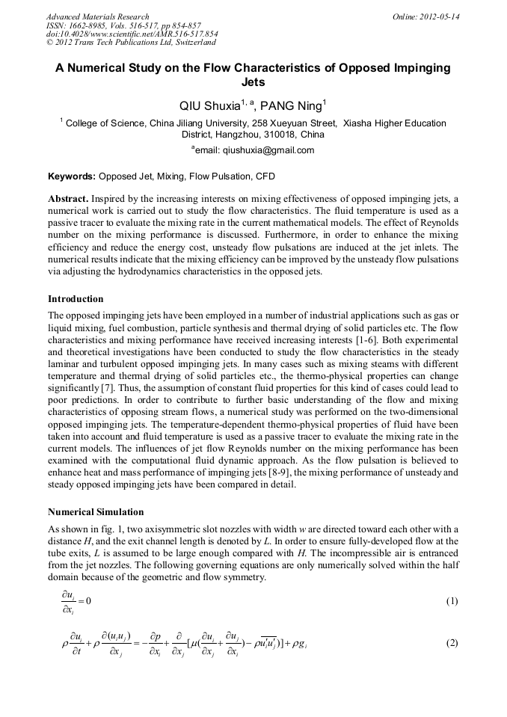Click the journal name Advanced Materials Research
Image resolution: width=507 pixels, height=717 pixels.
click(x=97, y=16)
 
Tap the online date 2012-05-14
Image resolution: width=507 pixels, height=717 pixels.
click(x=440, y=16)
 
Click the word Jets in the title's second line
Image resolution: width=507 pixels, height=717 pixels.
click(x=254, y=82)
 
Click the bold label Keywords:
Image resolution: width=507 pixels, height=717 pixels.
click(x=72, y=177)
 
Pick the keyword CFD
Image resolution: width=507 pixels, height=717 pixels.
click(x=265, y=177)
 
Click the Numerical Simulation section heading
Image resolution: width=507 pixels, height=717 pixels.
click(x=96, y=512)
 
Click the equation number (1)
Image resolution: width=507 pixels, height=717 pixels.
click(x=452, y=601)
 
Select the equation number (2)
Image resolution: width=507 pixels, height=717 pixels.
click(x=452, y=643)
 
